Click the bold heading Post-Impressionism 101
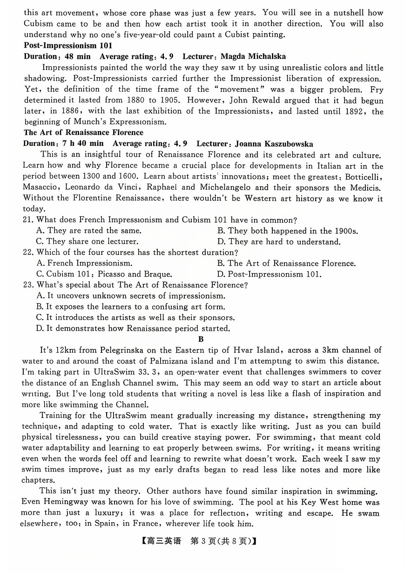[x=67, y=46]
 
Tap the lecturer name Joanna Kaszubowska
[x=274, y=144]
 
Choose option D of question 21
[x=278, y=242]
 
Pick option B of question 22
[x=286, y=264]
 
